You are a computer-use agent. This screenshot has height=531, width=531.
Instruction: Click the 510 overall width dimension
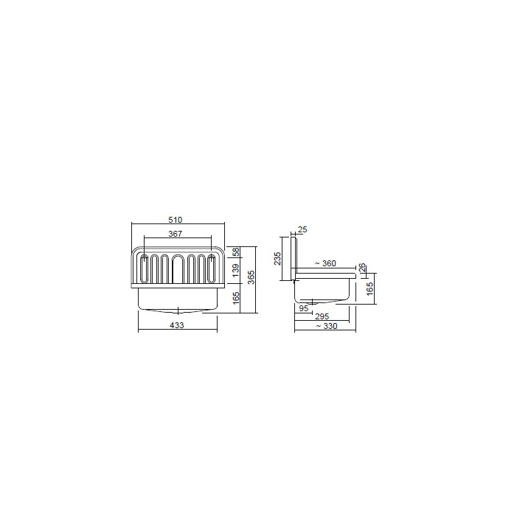(176, 219)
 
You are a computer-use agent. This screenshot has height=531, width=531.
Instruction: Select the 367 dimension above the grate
(176, 234)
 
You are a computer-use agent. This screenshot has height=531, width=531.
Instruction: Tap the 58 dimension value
(235, 251)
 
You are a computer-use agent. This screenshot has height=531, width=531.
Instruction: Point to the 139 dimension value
(235, 270)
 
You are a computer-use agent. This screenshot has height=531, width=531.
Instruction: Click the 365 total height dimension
(251, 277)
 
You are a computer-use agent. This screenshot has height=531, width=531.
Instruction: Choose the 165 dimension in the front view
(235, 299)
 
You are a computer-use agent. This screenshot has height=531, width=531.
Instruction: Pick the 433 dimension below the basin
(177, 325)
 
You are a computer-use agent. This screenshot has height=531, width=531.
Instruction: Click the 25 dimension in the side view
(303, 229)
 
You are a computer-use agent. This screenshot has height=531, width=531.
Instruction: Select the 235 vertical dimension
(278, 258)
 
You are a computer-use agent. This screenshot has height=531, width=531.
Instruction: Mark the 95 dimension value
(303, 308)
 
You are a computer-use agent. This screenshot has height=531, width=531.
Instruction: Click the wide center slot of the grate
(178, 269)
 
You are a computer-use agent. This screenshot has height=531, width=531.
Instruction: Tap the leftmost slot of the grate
(145, 269)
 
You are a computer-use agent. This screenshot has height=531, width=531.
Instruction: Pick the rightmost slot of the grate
(212, 269)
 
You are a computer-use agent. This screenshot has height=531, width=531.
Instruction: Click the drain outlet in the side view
(313, 302)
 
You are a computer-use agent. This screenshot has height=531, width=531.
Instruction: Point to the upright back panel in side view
(293, 255)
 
